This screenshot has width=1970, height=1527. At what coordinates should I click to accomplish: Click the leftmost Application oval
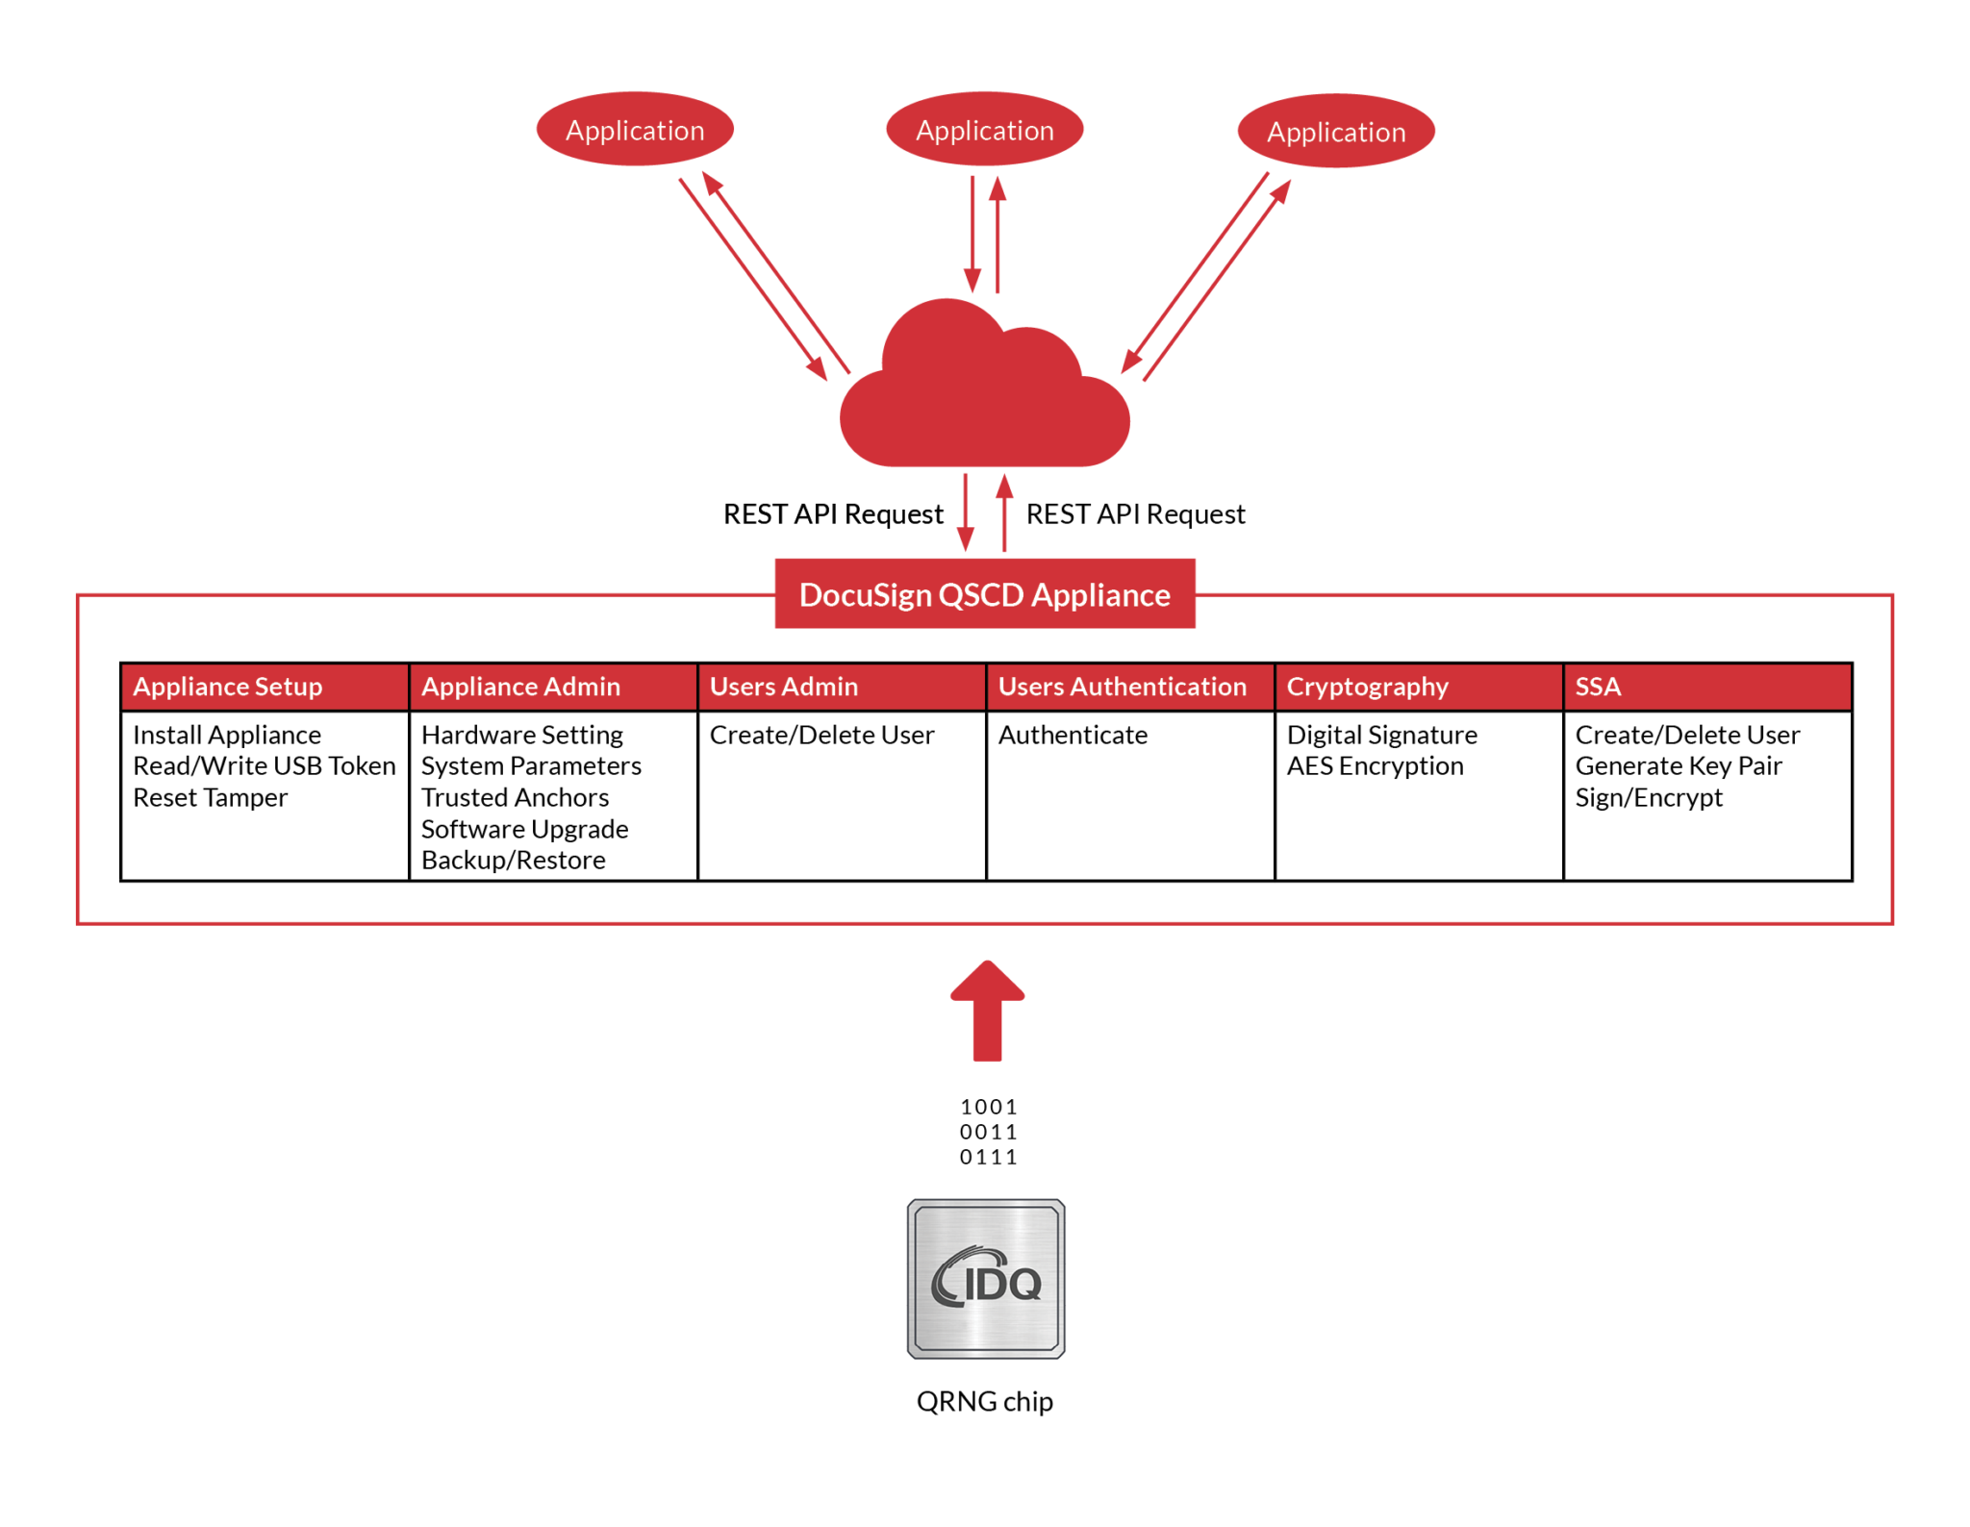(635, 130)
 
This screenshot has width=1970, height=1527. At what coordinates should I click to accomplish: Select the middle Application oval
(984, 130)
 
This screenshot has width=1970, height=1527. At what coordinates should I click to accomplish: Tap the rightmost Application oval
(1335, 132)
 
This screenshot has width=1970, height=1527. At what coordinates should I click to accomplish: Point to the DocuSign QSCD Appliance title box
(984, 594)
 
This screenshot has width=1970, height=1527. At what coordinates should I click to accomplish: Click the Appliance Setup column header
(228, 687)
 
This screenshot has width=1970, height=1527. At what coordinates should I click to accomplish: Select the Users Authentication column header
(1122, 687)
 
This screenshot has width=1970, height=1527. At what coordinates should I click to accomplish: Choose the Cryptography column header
(1367, 687)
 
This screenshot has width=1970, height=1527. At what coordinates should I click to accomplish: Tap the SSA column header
(1598, 687)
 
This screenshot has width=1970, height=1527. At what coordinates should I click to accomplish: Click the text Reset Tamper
(210, 797)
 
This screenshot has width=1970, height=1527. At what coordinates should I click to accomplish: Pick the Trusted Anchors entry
(515, 797)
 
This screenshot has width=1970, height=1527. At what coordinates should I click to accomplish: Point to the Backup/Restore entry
(513, 860)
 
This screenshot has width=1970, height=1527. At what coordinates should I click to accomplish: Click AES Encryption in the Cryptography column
(1375, 766)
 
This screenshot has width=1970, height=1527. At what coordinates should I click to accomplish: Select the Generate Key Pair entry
(1679, 766)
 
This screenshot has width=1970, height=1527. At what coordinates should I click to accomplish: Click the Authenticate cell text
(1073, 735)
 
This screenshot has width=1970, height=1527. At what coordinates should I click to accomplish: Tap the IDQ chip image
(985, 1278)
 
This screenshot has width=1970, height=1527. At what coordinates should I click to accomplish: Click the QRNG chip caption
(984, 1401)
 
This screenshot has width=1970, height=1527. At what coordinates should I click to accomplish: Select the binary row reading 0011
(988, 1132)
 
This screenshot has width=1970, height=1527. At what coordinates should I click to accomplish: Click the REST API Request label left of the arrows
(833, 514)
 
